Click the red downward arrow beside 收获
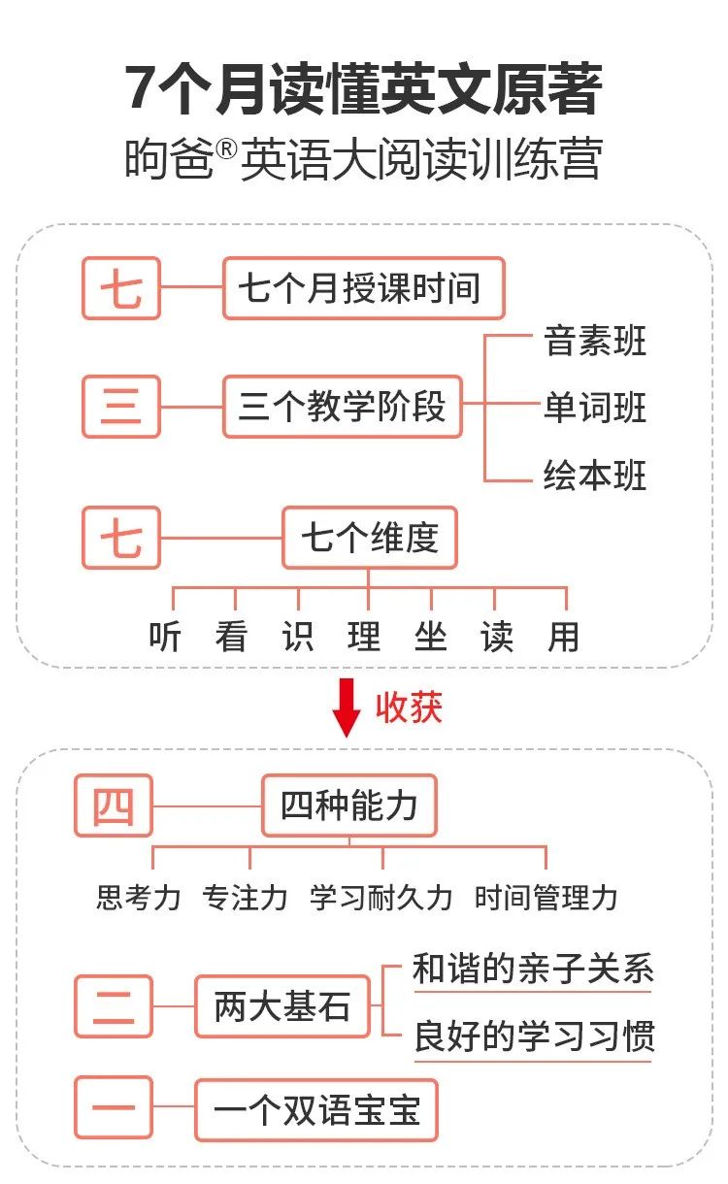(x=347, y=707)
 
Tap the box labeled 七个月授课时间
(x=364, y=288)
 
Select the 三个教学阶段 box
(x=343, y=407)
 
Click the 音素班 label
(x=595, y=342)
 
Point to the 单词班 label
(x=595, y=409)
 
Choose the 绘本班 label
(x=595, y=477)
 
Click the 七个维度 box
(x=369, y=537)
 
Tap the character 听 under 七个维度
(x=165, y=637)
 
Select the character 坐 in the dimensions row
(x=430, y=637)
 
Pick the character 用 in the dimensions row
(x=563, y=637)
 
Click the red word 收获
(x=409, y=707)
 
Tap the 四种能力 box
(x=349, y=806)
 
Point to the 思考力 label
(x=139, y=897)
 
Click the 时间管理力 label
(x=546, y=897)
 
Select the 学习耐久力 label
(x=381, y=897)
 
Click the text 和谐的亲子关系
(x=533, y=970)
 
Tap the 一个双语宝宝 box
(x=316, y=1109)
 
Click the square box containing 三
(x=121, y=407)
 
